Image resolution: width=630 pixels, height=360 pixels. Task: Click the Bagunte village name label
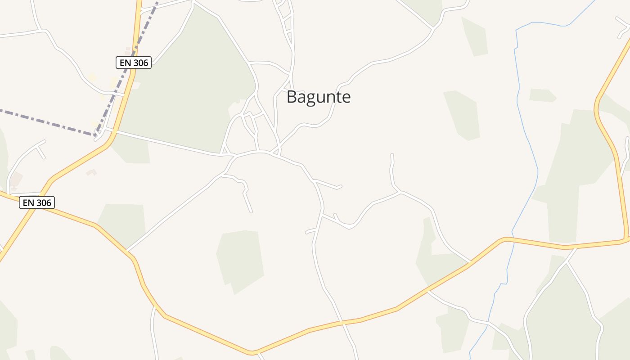pyautogui.click(x=319, y=97)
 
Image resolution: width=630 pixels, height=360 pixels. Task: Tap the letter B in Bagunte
pyautogui.click(x=292, y=97)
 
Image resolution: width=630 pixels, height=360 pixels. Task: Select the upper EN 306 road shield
pyautogui.click(x=134, y=63)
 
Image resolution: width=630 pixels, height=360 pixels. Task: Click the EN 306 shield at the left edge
pyautogui.click(x=37, y=203)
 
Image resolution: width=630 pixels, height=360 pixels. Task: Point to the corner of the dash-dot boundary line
pyautogui.click(x=96, y=134)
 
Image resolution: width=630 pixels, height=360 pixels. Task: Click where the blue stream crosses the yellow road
pyautogui.click(x=510, y=238)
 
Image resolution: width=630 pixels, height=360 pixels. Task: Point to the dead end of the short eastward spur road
pyautogui.click(x=341, y=187)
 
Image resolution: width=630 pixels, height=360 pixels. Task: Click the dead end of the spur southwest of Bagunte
pyautogui.click(x=251, y=211)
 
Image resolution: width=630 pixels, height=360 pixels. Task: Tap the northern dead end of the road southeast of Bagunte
pyautogui.click(x=392, y=155)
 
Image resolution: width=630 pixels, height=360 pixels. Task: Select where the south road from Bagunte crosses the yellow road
pyautogui.click(x=343, y=323)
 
